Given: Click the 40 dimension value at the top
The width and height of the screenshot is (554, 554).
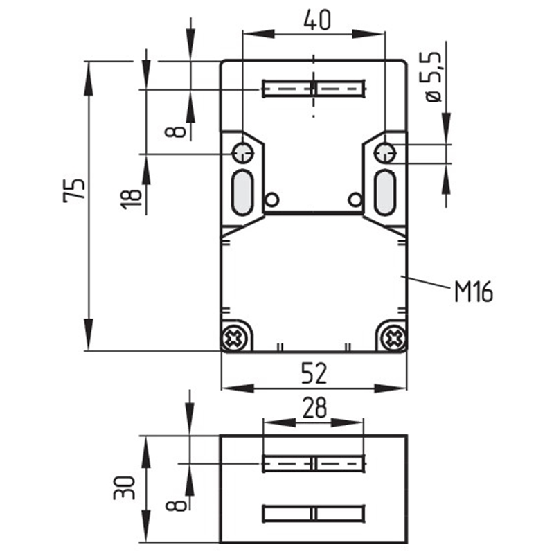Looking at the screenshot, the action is (317, 20).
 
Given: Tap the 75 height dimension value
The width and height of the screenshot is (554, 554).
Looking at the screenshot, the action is (74, 190).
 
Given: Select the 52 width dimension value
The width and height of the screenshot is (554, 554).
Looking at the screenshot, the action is (314, 373).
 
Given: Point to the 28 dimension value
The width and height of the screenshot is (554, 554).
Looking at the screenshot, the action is (314, 407).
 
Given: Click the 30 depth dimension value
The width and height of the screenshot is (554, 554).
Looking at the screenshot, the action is (125, 488).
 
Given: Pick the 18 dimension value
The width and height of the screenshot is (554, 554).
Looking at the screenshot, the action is (132, 199).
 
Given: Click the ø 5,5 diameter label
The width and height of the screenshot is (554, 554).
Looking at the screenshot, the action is (434, 77).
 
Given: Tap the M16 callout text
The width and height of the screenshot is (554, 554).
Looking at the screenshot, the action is (474, 292).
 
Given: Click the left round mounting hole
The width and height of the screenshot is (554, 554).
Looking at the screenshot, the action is (242, 153).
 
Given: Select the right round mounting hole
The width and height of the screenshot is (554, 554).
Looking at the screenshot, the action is (385, 153).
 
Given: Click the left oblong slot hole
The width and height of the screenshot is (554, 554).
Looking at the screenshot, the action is (242, 193).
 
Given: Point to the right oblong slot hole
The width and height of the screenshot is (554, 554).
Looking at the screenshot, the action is (385, 193).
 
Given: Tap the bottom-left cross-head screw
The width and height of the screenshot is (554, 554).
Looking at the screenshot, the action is (233, 339).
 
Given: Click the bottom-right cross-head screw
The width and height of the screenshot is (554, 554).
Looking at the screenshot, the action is (394, 339).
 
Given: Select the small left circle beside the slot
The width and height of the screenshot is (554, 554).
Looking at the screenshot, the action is (271, 199).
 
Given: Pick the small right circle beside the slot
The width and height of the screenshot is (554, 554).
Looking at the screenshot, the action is (355, 199).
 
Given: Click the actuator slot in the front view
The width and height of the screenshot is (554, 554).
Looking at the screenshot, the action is (314, 89).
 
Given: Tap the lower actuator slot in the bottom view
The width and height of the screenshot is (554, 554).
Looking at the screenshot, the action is (314, 513).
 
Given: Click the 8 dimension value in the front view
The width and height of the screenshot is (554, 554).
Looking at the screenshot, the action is (176, 132).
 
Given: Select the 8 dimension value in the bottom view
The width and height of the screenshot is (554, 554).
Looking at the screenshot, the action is (176, 506).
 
